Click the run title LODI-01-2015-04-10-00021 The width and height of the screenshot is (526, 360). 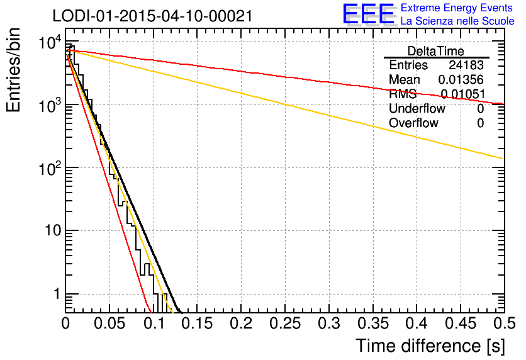(152, 16)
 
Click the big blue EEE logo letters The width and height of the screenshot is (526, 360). (369, 15)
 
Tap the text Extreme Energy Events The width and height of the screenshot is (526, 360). (457, 8)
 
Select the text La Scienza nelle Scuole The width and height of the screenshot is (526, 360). (457, 21)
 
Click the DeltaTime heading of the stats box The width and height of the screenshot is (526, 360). (435, 51)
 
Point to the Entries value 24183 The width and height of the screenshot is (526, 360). (466, 65)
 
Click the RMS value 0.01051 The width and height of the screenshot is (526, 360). (462, 94)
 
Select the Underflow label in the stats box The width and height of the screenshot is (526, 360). (417, 109)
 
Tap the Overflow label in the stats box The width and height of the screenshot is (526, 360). (413, 123)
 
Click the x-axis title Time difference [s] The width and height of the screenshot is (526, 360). (430, 346)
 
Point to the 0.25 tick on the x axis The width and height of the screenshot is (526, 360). (285, 323)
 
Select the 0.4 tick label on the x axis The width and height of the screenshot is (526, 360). (417, 323)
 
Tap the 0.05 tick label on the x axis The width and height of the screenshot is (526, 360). (109, 323)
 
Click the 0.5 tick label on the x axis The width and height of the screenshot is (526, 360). (504, 323)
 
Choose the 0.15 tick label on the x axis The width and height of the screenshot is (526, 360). (197, 323)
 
